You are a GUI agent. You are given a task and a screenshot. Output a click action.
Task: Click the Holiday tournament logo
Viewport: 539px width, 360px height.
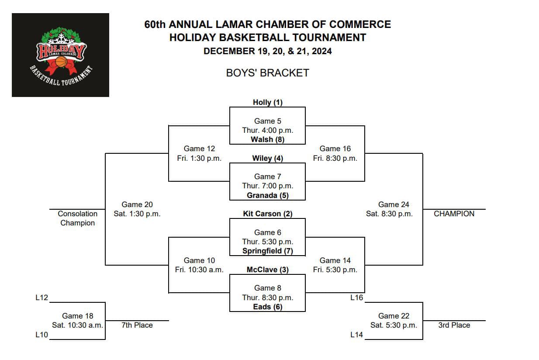coord(60,55)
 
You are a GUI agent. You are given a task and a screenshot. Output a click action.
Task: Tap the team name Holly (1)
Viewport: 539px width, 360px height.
coord(267,102)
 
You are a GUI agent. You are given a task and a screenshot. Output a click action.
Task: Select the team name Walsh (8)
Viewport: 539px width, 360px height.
coord(267,139)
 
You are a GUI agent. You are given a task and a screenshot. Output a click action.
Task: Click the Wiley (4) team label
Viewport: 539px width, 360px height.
coord(267,158)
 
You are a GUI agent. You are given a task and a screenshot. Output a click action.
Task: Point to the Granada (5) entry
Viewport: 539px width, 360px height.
coord(267,195)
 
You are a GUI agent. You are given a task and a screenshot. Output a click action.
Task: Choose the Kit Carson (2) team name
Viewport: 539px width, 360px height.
coord(267,214)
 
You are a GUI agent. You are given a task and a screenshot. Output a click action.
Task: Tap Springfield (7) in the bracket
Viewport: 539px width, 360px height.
coord(267,251)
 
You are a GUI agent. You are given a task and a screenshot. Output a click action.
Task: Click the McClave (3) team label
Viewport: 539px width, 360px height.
coord(267,270)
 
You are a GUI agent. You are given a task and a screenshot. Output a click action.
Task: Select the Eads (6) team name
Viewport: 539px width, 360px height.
coord(267,307)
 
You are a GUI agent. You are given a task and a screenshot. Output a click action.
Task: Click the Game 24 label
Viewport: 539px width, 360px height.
coord(389,204)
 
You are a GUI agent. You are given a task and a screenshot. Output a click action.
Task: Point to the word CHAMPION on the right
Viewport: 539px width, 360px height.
coord(454,214)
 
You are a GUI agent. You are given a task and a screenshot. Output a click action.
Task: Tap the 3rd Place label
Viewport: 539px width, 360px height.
coord(454,325)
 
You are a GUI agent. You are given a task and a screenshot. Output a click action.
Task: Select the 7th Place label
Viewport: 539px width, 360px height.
coord(137,325)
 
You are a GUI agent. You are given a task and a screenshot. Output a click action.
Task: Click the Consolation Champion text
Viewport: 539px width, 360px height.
coord(77,218)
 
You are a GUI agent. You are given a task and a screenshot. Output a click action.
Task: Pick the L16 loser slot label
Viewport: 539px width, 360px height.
coord(356,298)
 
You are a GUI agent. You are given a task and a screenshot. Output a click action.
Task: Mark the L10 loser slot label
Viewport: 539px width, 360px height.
coord(41,335)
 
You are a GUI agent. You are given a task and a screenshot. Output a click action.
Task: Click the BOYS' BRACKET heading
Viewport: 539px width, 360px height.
coord(267,73)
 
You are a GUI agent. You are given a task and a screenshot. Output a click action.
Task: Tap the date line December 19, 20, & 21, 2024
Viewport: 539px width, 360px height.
coord(267,51)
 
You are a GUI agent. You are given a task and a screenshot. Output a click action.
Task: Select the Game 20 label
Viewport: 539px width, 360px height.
coord(137,204)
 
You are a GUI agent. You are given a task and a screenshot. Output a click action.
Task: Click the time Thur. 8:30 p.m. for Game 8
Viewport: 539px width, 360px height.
coord(267,298)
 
